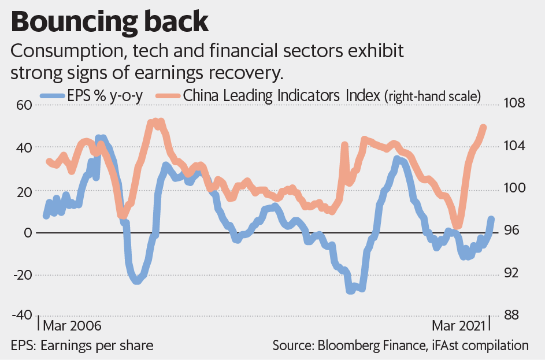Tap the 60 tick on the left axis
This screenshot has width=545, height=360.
click(x=24, y=105)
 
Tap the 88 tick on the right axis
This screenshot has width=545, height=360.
click(x=511, y=316)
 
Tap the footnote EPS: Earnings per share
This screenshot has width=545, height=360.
click(x=83, y=346)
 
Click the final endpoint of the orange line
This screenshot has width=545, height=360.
click(x=483, y=128)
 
